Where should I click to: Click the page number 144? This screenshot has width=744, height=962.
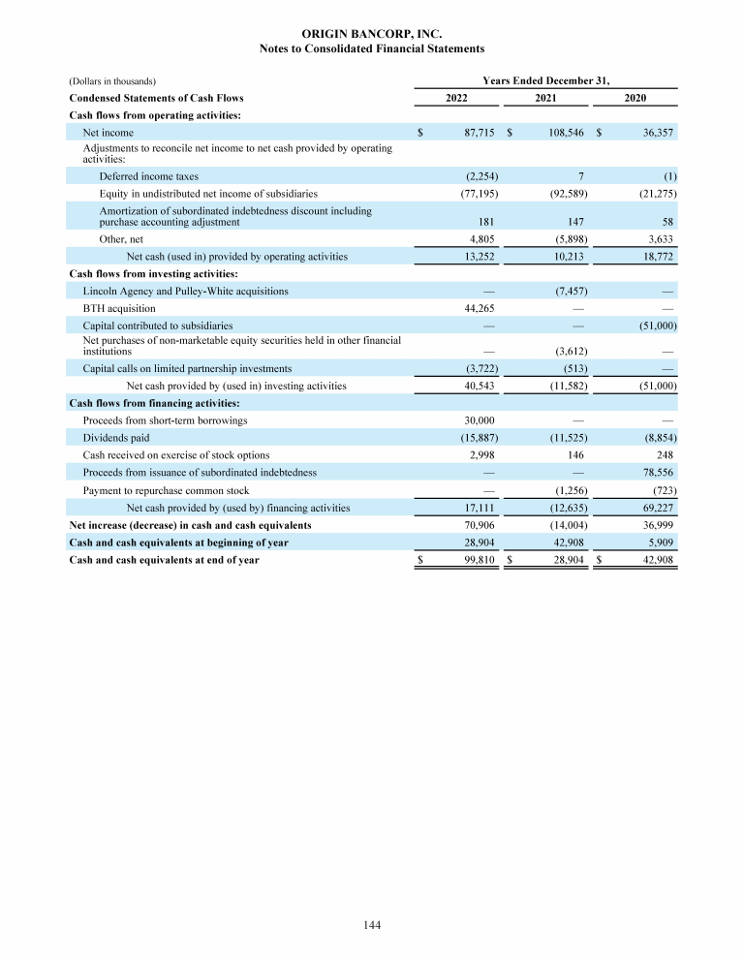tap(371, 926)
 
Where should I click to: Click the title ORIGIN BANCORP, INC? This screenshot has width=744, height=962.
tap(372, 34)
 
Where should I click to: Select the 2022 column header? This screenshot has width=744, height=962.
tap(457, 98)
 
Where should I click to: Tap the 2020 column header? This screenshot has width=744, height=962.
tap(635, 98)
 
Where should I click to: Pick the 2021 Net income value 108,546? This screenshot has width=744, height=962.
tap(565, 131)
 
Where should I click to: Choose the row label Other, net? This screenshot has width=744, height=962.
tap(121, 238)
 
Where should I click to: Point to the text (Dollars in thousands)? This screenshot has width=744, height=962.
tap(112, 81)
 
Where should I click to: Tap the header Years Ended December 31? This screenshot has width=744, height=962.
tap(545, 80)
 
